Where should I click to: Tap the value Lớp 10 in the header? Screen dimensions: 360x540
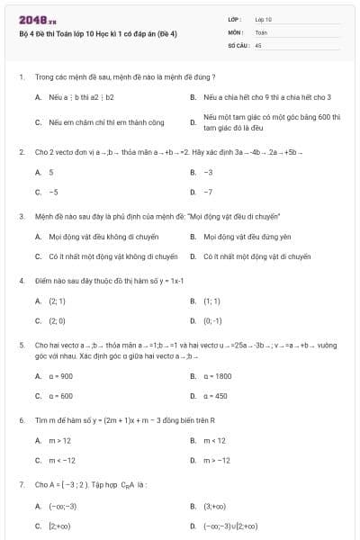(263, 19)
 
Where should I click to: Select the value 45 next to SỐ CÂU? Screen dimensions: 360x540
(258, 44)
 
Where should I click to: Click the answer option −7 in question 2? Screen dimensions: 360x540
(208, 192)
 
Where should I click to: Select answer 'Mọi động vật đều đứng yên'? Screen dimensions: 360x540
(247, 237)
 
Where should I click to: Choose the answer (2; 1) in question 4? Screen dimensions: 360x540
(57, 301)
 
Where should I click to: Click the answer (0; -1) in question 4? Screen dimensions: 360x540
(212, 320)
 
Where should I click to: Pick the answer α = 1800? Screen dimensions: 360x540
(217, 376)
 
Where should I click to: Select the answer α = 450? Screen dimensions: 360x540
(215, 396)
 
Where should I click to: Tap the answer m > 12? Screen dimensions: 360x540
(59, 440)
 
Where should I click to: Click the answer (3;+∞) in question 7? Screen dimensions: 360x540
(216, 506)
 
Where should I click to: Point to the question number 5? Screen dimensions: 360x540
(21, 345)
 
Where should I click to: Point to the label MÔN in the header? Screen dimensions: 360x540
(236, 31)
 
